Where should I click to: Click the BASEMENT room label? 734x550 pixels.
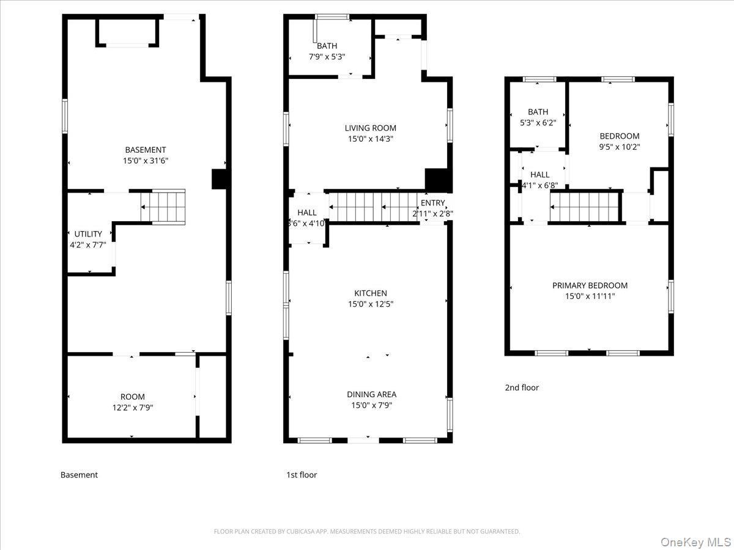pos(146,150)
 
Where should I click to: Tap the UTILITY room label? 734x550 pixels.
pos(88,234)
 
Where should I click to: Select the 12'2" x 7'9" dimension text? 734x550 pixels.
pos(133,408)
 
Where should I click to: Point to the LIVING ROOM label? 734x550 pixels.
pos(370,128)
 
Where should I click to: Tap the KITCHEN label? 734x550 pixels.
pos(370,293)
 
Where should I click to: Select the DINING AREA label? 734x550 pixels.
pos(371,394)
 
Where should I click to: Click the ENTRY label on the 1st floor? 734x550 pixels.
pos(433,204)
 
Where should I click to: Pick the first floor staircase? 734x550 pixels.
pos(373,207)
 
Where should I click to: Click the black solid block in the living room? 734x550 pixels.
pos(437,180)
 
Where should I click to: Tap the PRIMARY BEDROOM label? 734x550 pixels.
pos(590,285)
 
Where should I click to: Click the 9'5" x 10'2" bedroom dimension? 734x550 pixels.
pos(619,147)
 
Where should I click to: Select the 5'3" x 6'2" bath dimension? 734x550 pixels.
pos(538,123)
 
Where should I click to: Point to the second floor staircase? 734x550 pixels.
pos(585,207)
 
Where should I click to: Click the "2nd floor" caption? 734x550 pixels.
pos(522,387)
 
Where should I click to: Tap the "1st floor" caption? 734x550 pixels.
pos(302,475)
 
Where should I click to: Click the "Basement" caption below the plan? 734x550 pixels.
pos(79,475)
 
